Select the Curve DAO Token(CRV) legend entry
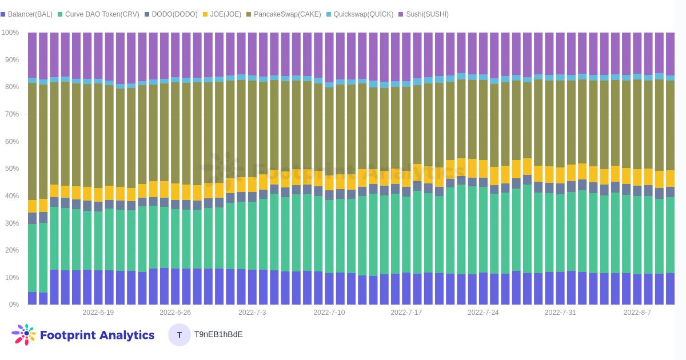coord(98,14)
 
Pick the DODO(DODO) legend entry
coord(171,14)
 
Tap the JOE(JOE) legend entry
coord(222,14)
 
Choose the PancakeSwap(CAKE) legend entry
coord(284,14)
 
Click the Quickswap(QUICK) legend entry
coord(360,14)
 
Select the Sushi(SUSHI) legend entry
coord(423,14)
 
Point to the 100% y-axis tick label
coord(10,33)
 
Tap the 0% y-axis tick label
coord(14,305)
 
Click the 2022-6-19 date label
coord(98,313)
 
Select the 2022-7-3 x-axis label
coord(252,313)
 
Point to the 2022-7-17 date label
coord(406,313)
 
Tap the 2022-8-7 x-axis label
coord(637,313)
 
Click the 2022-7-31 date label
coord(560,313)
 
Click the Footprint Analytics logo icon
coord(23,335)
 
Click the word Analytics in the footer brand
coord(126,335)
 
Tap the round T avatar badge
coord(180,335)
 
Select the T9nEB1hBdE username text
coord(218,335)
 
